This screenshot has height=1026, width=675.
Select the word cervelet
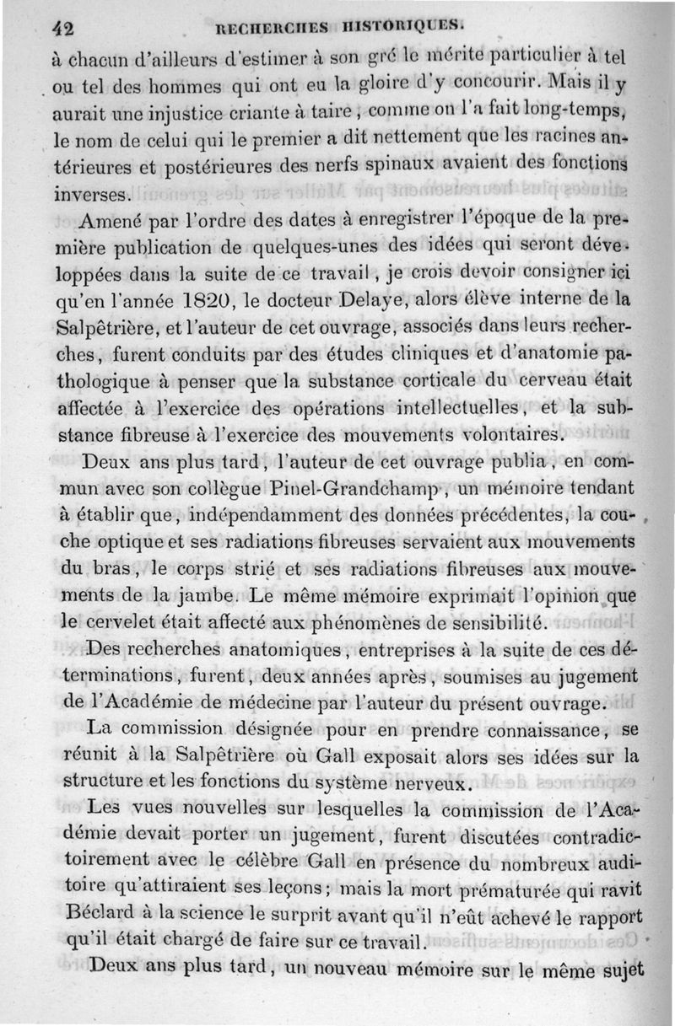click(146, 624)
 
